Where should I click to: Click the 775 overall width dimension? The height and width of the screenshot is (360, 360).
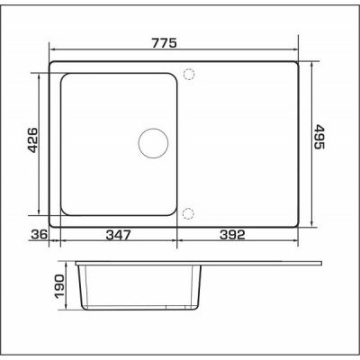click(x=164, y=43)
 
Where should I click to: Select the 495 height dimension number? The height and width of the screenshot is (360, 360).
click(x=319, y=137)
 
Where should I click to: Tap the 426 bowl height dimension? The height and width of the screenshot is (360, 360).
click(x=31, y=139)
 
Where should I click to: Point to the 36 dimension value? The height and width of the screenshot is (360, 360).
click(x=39, y=234)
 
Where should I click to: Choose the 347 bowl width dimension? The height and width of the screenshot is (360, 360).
click(x=119, y=235)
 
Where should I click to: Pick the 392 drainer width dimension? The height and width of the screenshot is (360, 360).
click(x=232, y=235)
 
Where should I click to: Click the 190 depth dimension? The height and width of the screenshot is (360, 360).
click(x=59, y=286)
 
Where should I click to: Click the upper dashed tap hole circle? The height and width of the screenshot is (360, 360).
click(x=189, y=69)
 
